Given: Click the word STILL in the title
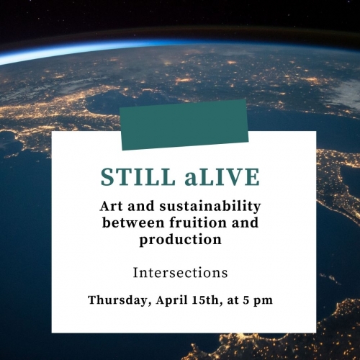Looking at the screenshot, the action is click(138, 177).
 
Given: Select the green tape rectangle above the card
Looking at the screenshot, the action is click(184, 125).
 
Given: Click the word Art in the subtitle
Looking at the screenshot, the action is click(112, 206).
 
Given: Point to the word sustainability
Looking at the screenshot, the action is click(210, 207).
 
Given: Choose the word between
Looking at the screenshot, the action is click(134, 222).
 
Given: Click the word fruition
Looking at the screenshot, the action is click(198, 222).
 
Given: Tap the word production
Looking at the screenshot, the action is click(181, 240).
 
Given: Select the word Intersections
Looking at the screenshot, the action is click(180, 273).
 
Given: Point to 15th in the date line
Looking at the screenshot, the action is click(207, 300).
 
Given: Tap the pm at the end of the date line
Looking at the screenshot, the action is click(264, 302).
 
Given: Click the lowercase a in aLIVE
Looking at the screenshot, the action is click(191, 179).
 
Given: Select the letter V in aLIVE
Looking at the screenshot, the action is click(234, 177).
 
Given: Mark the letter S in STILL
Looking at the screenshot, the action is click(107, 177).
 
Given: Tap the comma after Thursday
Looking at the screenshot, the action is click(150, 305).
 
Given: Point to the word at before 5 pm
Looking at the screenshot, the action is click(232, 301).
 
